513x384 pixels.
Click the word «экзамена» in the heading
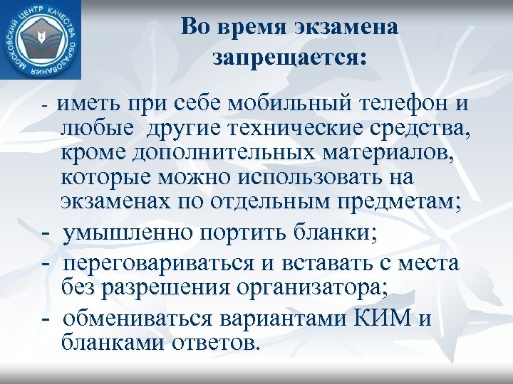click(x=342, y=27)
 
